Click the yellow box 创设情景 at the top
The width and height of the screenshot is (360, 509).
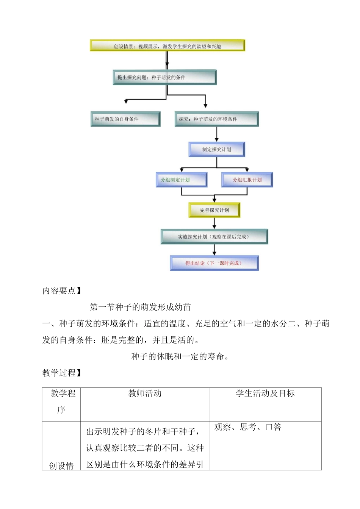coord(167,46)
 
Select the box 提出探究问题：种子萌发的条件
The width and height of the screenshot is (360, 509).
coord(164,77)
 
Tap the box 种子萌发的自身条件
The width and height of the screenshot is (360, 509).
coord(125,119)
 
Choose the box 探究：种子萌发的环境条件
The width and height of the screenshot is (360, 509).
coord(216,119)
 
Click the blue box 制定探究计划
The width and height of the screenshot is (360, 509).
coord(217,149)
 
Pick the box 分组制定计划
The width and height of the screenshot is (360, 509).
coord(182,180)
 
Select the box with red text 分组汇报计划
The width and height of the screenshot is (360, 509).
coord(247,180)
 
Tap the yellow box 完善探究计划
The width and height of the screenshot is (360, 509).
coord(214,210)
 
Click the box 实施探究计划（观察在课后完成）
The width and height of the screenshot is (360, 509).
coord(214,237)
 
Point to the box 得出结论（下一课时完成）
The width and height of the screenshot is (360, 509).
coord(214,263)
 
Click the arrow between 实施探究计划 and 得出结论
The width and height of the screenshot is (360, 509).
coord(214,250)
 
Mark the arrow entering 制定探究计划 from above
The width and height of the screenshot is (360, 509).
coord(217,134)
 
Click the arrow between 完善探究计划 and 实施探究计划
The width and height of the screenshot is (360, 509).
coord(214,223)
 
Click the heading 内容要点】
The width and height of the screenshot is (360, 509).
coord(62,291)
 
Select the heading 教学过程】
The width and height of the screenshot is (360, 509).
coord(62,373)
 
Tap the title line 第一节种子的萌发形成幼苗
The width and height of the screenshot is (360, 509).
coord(140,307)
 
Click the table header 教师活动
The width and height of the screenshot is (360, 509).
coord(145,393)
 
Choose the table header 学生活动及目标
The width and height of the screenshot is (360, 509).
coord(265,393)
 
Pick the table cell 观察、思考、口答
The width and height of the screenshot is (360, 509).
coord(248,427)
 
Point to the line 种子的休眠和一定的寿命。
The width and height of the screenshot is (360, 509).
coord(180,356)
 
